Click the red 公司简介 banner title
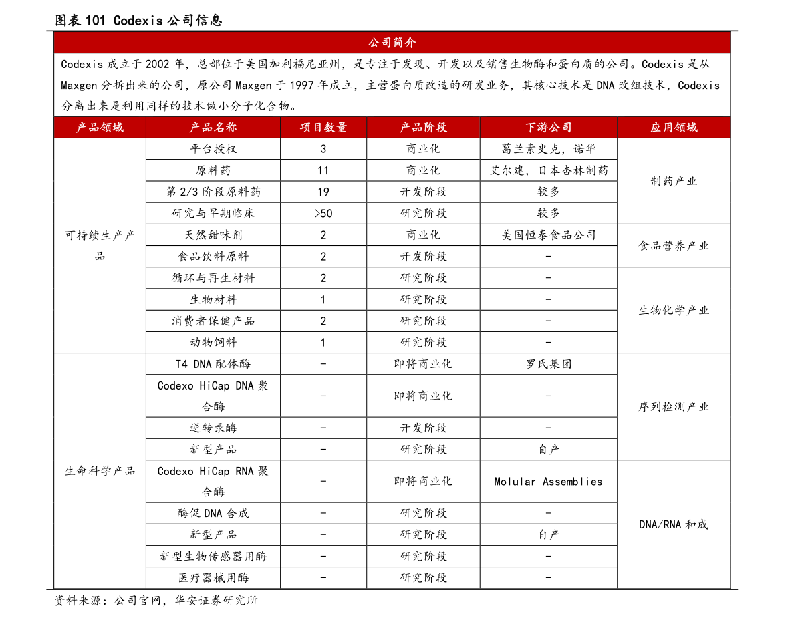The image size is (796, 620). coord(392,43)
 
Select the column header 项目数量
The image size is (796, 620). coord(323,128)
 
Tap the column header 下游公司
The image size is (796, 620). coord(548,128)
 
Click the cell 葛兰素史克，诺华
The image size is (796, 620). coord(548,149)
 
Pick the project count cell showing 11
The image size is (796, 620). coord(323,170)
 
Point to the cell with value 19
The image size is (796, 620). coord(323,192)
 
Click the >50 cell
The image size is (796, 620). coord(323,214)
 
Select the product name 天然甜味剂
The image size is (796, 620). coord(213,235)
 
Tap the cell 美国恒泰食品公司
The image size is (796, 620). coord(548,235)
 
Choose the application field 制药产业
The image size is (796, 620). coord(674,181)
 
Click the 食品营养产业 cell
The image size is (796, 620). coord(674,246)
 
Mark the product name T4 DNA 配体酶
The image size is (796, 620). coord(213,363)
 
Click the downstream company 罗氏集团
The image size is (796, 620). coord(548,363)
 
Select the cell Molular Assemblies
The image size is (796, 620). coord(548,482)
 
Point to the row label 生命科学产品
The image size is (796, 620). coord(100,471)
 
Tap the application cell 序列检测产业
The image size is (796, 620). coord(674,406)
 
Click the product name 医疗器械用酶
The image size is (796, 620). coord(213,577)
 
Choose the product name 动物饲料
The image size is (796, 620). coord(213,343)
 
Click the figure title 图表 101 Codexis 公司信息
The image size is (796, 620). coord(138,20)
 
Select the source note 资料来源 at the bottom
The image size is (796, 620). coord(156,600)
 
